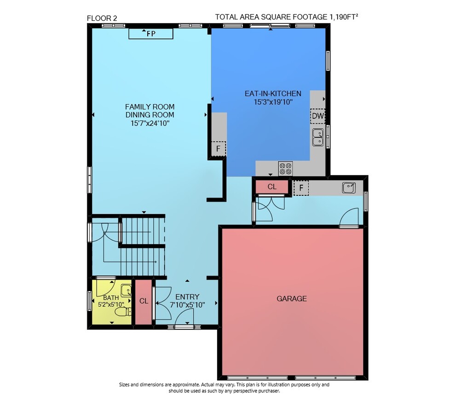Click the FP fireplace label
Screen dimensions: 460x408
[x=151, y=34]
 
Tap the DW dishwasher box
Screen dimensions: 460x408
[x=318, y=116]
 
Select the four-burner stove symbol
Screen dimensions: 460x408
[x=285, y=169]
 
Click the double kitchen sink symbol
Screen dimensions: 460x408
[x=318, y=137]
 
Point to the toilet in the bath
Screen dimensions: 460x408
[x=123, y=311]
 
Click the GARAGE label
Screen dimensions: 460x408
[x=292, y=299]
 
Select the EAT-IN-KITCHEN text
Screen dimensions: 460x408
[x=273, y=93]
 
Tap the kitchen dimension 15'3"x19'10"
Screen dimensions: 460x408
[x=273, y=102]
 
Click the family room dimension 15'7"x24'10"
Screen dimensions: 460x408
[x=150, y=123]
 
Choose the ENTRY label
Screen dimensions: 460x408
[x=187, y=297]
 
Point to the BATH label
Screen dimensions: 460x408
[x=111, y=298]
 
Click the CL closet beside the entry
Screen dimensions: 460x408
[x=144, y=301]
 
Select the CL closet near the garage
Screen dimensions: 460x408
[x=272, y=187]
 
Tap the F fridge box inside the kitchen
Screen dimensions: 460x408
[x=218, y=149]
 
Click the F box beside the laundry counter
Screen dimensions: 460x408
[x=301, y=188]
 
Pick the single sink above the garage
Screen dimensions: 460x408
[x=349, y=188]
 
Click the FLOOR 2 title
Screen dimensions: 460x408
[x=102, y=18]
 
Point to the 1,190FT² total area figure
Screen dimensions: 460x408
[x=344, y=17]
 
